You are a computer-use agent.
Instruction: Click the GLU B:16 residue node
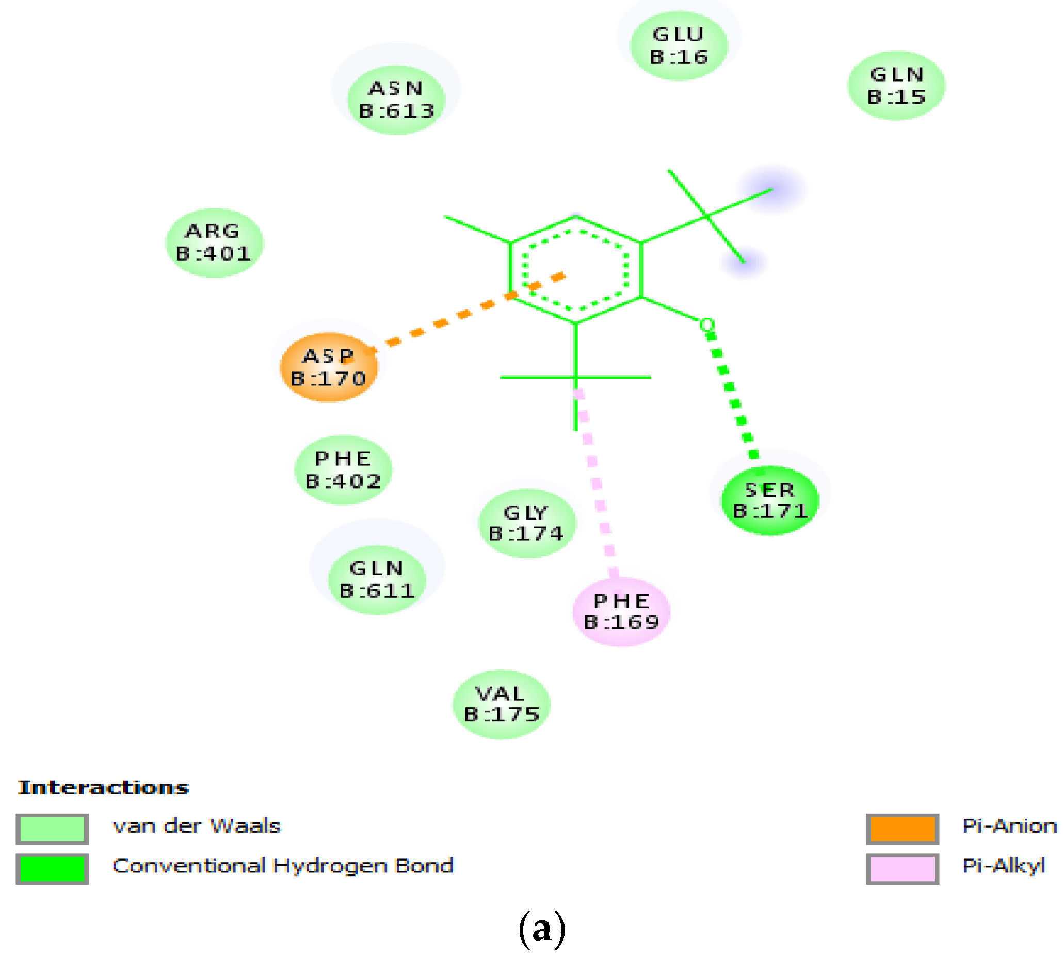point(678,46)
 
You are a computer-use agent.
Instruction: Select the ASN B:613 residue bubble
point(396,100)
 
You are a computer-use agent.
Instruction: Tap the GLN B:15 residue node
point(896,85)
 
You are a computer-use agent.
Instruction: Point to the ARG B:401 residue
point(214,242)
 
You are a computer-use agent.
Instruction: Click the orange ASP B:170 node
point(328,367)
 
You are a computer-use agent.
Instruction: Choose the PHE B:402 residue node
point(343,469)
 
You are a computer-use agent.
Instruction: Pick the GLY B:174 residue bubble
point(526,523)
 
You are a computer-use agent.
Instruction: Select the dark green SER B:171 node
point(769,500)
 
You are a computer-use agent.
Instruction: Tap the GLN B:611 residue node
point(377,579)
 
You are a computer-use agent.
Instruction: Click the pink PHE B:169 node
point(621,611)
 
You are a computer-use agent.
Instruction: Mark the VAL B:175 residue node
point(501,704)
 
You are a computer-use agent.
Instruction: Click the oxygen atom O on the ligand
point(707,325)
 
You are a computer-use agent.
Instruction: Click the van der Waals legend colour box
point(52,829)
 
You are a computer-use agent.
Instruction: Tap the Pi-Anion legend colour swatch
point(901,829)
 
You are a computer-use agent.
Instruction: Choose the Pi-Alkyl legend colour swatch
point(901,869)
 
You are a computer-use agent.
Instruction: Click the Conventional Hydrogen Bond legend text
point(283,866)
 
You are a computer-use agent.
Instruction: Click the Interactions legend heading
point(104,788)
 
